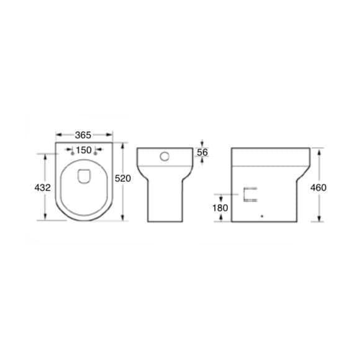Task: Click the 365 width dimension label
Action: point(83,135)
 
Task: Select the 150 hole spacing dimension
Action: point(84,150)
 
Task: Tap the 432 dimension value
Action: point(42,187)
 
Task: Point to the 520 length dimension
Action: point(123,178)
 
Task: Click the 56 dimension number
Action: point(202,152)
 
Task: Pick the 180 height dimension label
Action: point(220,208)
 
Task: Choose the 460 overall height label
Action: point(318,187)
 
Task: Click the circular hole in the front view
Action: point(164,156)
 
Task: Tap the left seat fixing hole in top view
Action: point(73,153)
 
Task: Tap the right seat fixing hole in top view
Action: point(96,153)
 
